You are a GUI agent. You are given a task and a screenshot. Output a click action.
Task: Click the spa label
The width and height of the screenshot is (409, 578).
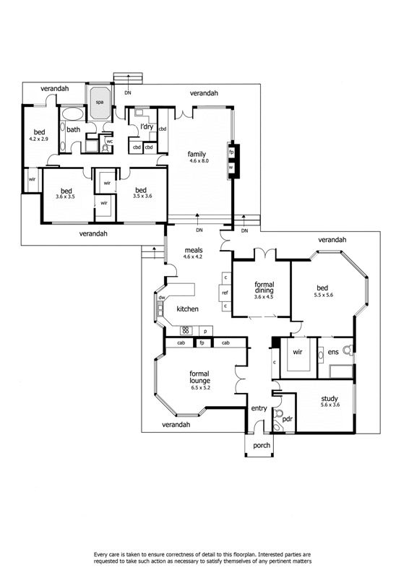click(x=100, y=103)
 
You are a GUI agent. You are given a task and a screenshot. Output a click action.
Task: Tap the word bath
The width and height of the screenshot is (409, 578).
click(x=73, y=129)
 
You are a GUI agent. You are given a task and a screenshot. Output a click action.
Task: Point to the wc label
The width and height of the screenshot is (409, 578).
click(x=109, y=142)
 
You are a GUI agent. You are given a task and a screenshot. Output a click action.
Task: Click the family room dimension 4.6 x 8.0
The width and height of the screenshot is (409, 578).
click(x=198, y=161)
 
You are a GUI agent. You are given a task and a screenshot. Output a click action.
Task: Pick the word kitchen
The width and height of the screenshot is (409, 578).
click(x=187, y=309)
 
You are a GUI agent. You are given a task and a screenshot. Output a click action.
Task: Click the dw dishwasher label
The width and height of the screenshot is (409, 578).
click(x=163, y=298)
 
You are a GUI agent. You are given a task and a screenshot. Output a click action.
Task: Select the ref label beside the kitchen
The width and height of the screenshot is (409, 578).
click(x=225, y=293)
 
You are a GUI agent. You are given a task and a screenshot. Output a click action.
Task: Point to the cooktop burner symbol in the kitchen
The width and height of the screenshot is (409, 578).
click(x=184, y=331)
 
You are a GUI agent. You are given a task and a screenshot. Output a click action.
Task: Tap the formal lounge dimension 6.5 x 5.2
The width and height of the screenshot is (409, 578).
click(x=199, y=387)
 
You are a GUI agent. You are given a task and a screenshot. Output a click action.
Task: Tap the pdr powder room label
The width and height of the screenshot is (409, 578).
click(x=287, y=418)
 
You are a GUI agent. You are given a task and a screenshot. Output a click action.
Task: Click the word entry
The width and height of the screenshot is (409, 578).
click(x=259, y=409)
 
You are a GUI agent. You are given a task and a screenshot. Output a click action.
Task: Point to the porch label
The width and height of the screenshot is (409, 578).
click(x=261, y=446)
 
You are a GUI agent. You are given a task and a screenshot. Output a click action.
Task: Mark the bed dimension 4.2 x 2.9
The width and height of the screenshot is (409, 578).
click(x=38, y=139)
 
